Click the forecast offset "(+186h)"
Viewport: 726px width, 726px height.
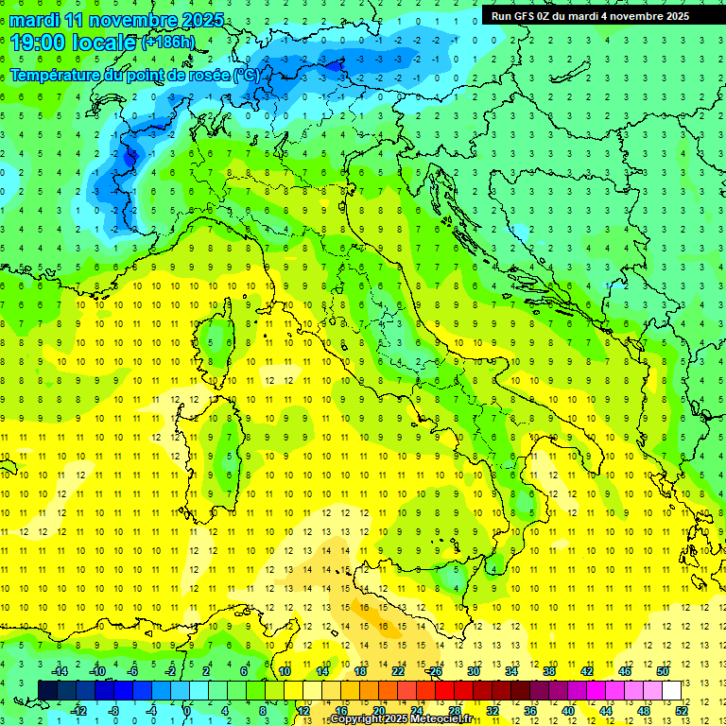click(168, 43)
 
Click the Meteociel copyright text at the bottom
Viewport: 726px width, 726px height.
click(401, 719)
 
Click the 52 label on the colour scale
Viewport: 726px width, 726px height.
click(682, 710)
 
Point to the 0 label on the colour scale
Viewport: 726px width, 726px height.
click(187, 710)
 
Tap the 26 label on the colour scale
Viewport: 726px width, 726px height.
click(435, 671)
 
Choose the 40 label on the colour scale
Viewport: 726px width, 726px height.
click(567, 710)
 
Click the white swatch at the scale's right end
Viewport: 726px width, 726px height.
click(671, 690)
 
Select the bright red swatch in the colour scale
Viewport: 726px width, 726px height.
click(444, 690)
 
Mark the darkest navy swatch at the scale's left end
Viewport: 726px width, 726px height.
click(48, 690)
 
